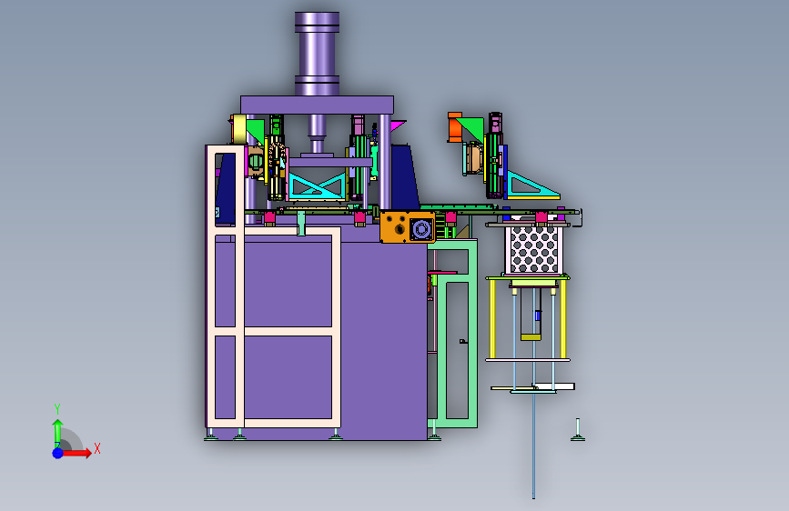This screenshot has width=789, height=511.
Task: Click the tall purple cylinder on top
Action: click(317, 54)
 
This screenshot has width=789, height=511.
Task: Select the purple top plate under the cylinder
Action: click(317, 105)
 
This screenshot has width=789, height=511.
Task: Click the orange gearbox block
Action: click(408, 226)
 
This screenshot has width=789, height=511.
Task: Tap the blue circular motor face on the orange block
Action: click(420, 229)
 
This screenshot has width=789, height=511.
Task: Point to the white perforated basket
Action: click(534, 250)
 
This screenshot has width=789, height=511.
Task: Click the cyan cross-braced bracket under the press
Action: click(317, 185)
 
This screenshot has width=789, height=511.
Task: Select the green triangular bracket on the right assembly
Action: click(472, 127)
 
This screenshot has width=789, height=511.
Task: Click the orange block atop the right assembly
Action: click(454, 126)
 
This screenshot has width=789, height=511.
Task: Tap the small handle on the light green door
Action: click(463, 342)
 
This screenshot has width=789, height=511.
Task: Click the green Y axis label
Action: click(57, 409)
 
